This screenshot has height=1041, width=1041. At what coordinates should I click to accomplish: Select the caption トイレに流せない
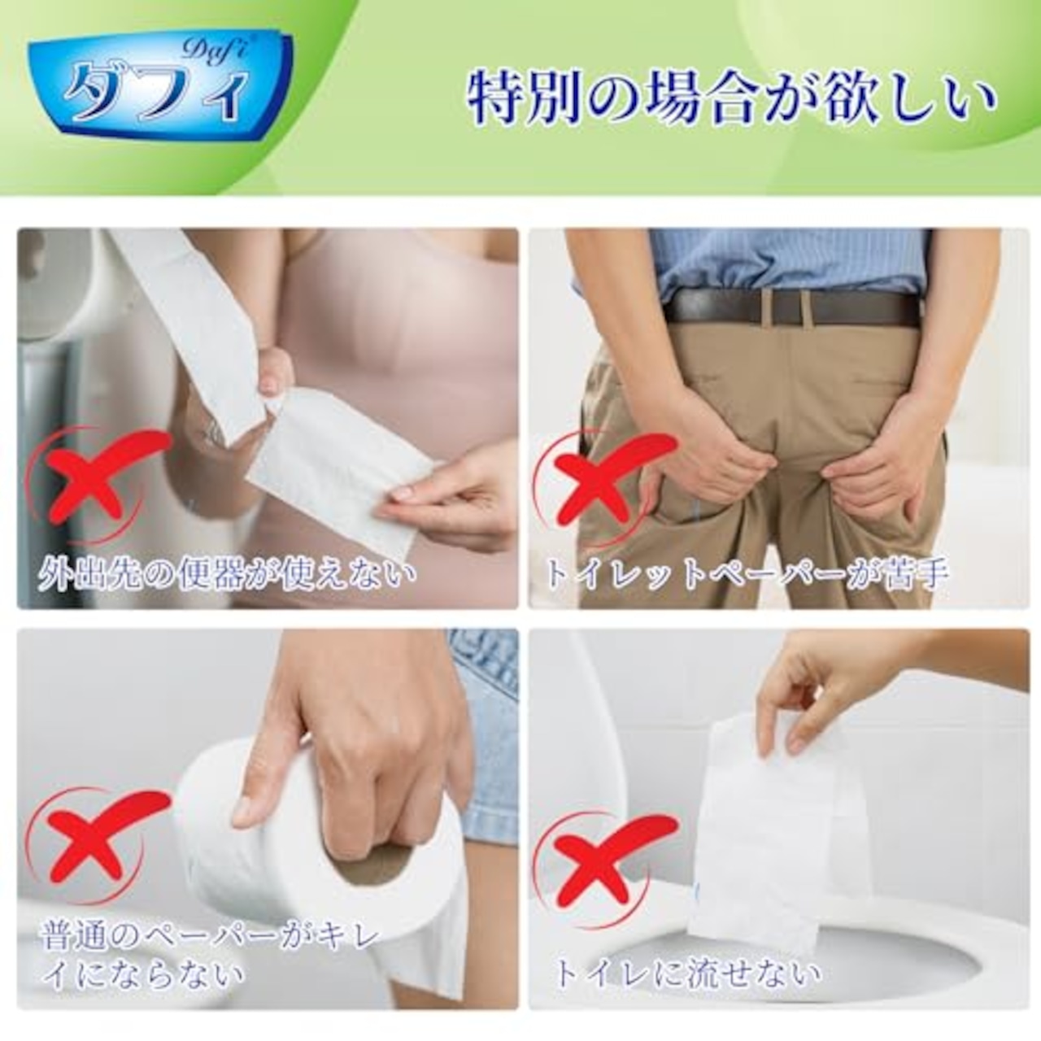tap(688, 973)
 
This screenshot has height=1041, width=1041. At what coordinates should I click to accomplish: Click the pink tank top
tap(407, 325)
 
